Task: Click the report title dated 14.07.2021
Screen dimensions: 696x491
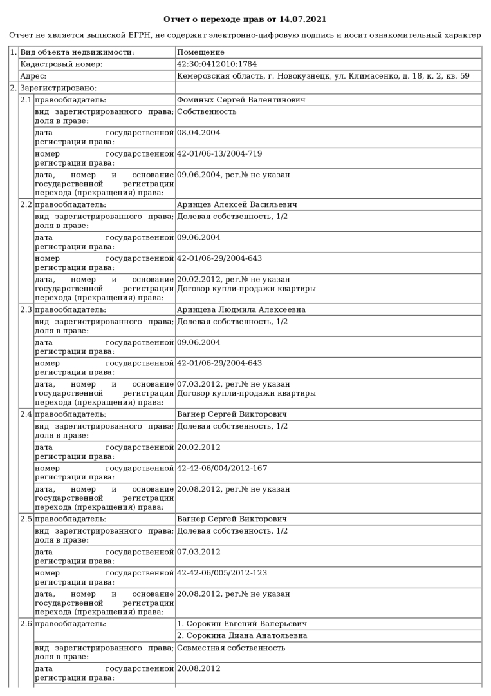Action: coord(245,20)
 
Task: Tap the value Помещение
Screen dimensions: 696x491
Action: coord(201,52)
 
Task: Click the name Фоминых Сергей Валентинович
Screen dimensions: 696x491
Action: coord(241,100)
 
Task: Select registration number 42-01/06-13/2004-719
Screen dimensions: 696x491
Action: coord(219,153)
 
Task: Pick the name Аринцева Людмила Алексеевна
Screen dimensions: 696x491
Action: coord(241,309)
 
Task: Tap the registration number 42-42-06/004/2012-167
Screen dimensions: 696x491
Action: coord(222,468)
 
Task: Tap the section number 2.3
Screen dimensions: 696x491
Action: coord(26,309)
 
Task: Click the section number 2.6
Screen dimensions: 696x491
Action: coord(26,624)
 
